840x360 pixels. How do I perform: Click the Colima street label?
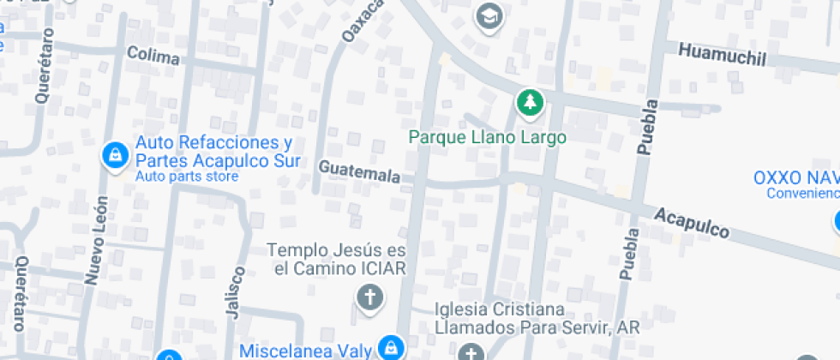click(x=153, y=57)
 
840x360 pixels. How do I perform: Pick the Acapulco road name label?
click(x=692, y=222)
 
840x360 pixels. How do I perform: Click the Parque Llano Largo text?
click(x=487, y=136)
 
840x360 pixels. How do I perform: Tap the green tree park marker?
click(x=531, y=103)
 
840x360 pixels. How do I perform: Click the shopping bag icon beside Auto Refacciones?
click(x=114, y=155)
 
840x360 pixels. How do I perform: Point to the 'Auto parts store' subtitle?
click(x=187, y=177)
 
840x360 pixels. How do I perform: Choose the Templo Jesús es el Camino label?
click(x=335, y=259)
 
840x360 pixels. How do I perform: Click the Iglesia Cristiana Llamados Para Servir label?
click(x=525, y=318)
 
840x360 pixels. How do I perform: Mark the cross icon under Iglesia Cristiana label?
click(x=470, y=352)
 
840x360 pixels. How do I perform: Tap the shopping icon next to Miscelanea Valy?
click(x=391, y=348)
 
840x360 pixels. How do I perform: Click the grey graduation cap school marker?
click(x=489, y=15)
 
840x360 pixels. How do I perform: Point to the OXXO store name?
click(x=795, y=177)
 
